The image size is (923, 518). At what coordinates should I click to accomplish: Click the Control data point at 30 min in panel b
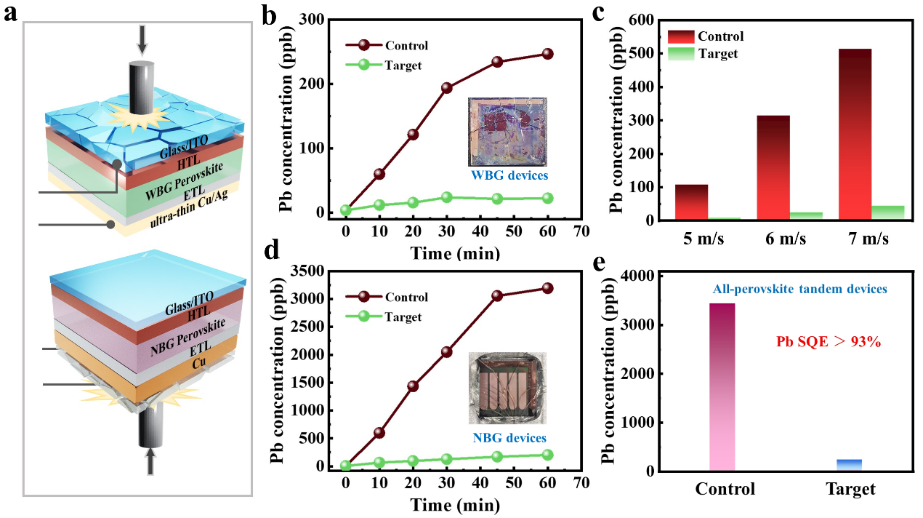[x=446, y=88]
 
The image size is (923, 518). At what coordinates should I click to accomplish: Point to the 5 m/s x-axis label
[x=694, y=239]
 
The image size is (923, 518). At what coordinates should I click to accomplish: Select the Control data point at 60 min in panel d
[x=547, y=288]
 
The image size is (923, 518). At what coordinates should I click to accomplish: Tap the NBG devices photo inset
[x=507, y=388]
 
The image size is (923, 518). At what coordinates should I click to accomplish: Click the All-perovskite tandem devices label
[x=799, y=289]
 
